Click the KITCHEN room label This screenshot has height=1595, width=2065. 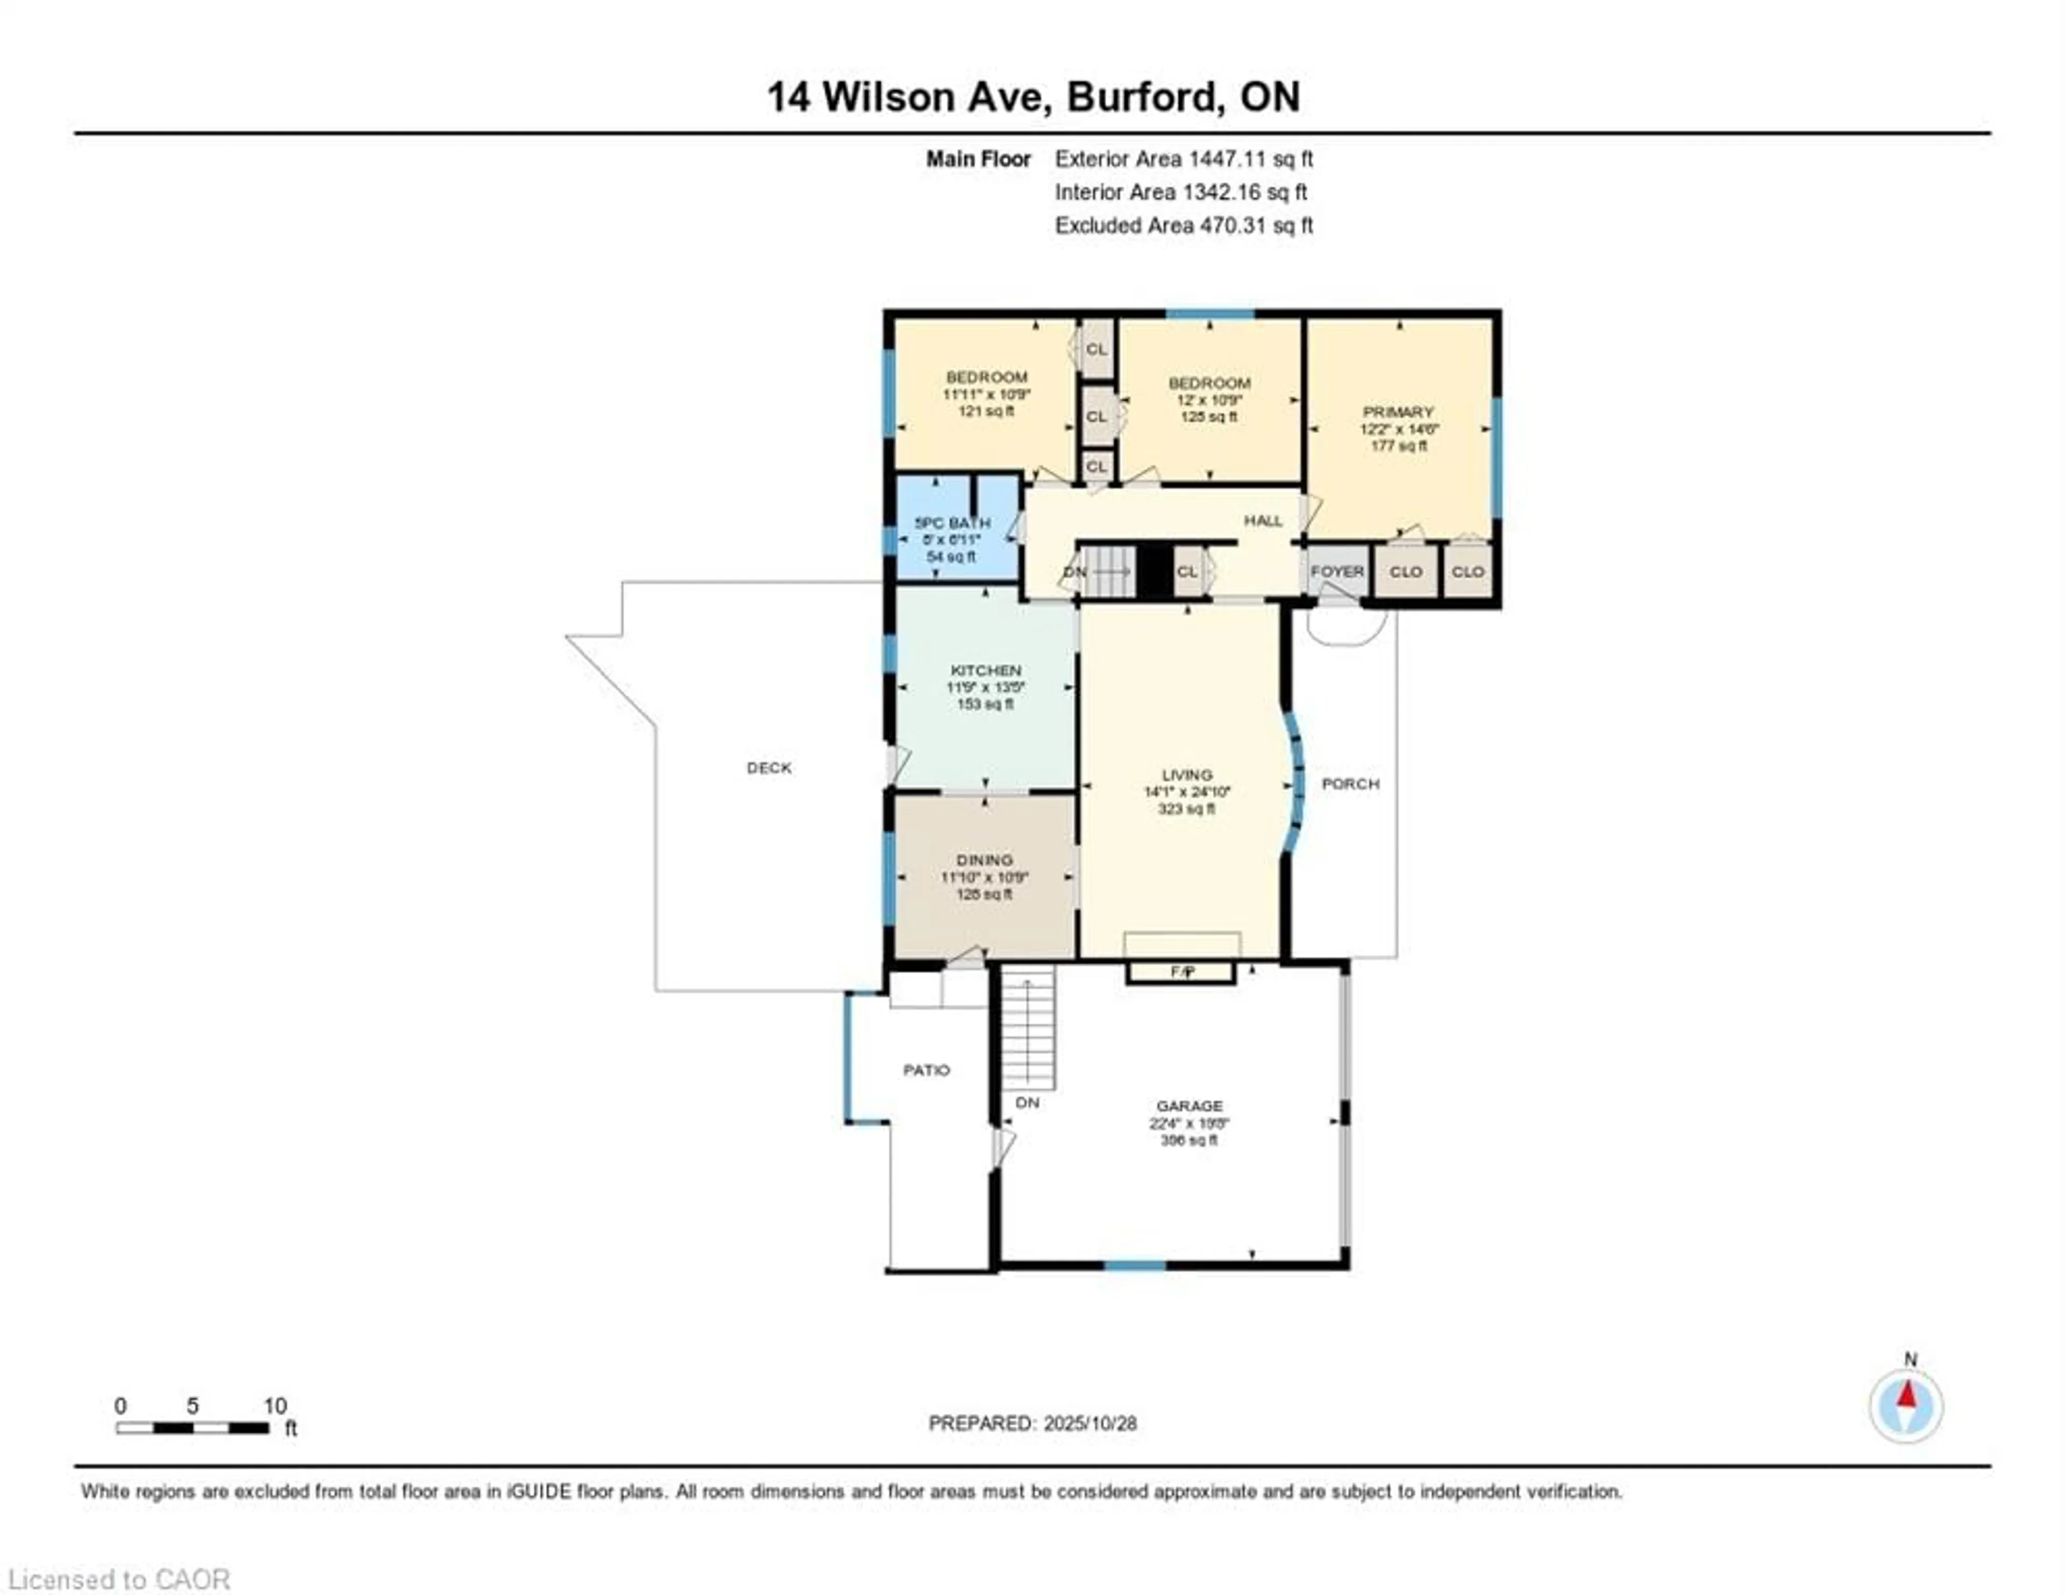pyautogui.click(x=985, y=670)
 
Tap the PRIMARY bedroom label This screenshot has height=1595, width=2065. pyautogui.click(x=1398, y=412)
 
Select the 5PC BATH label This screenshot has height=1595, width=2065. pyautogui.click(x=952, y=523)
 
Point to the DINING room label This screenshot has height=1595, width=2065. pyautogui.click(x=984, y=860)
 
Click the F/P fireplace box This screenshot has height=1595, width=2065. pyautogui.click(x=1181, y=972)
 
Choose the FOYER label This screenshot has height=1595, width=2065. pyautogui.click(x=1337, y=572)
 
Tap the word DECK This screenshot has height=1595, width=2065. pyautogui.click(x=768, y=768)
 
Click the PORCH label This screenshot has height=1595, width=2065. pyautogui.click(x=1350, y=784)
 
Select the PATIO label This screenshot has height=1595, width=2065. pyautogui.click(x=925, y=1070)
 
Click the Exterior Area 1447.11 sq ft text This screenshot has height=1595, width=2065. pyautogui.click(x=1184, y=159)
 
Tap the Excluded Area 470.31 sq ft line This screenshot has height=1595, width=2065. pyautogui.click(x=1184, y=225)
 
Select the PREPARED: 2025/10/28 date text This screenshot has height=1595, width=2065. pyautogui.click(x=1032, y=1423)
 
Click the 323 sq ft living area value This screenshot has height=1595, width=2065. pyautogui.click(x=1187, y=809)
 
